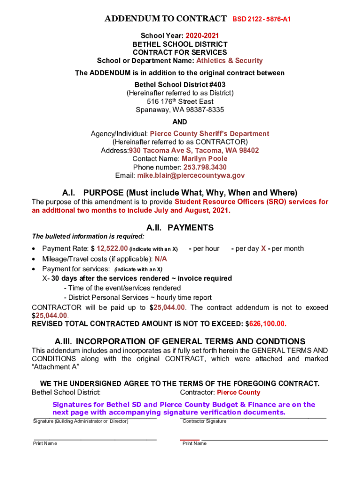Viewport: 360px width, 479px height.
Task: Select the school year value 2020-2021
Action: [x=202, y=36]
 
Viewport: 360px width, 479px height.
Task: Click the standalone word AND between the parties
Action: [x=180, y=122]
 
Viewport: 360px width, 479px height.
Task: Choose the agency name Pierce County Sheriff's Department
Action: [x=209, y=134]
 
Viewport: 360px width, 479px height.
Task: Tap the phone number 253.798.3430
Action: [x=206, y=167]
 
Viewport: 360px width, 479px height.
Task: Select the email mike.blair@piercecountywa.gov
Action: [x=191, y=175]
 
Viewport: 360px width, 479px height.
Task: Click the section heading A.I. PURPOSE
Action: [x=180, y=192]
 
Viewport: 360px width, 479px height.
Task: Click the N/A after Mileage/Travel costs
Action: [x=161, y=259]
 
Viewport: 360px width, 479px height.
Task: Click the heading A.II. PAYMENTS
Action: [x=180, y=228]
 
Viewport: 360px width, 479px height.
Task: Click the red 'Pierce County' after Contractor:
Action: [x=238, y=392]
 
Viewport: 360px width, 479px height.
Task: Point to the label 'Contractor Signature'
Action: [x=204, y=421]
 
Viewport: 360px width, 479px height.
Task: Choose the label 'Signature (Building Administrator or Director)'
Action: [x=80, y=421]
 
